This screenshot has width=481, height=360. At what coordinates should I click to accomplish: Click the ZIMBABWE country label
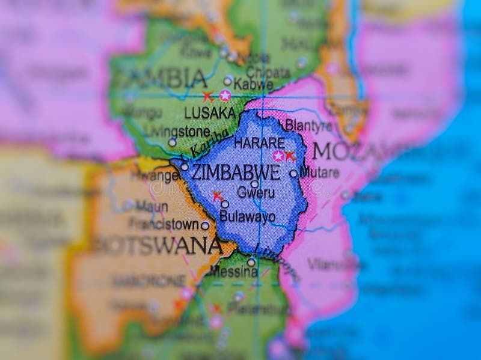pyautogui.click(x=235, y=172)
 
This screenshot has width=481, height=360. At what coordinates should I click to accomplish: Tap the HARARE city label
pyautogui.click(x=259, y=143)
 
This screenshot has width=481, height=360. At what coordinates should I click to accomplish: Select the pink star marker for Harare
pyautogui.click(x=278, y=156)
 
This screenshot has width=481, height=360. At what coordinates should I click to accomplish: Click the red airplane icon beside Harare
pyautogui.click(x=290, y=156)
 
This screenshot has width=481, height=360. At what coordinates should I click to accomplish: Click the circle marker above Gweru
pyautogui.click(x=254, y=184)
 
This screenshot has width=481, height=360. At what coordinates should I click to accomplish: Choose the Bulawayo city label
pyautogui.click(x=247, y=217)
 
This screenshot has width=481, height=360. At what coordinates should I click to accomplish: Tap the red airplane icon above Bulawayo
pyautogui.click(x=218, y=195)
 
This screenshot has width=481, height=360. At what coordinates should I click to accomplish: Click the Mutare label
pyautogui.click(x=319, y=172)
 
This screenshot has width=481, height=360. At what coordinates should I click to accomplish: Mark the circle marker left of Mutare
pyautogui.click(x=293, y=173)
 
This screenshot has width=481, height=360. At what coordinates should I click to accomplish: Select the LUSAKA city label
pyautogui.click(x=210, y=112)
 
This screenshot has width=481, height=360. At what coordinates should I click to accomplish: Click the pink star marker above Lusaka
pyautogui.click(x=225, y=95)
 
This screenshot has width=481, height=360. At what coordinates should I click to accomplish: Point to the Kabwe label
pyautogui.click(x=253, y=84)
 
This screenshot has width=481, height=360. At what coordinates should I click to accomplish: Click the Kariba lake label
pyautogui.click(x=210, y=143)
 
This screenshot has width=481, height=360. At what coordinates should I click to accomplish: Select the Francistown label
pyautogui.click(x=165, y=224)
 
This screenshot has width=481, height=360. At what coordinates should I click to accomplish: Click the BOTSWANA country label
pyautogui.click(x=158, y=245)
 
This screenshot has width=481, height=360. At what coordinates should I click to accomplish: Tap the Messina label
pyautogui.click(x=234, y=272)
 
